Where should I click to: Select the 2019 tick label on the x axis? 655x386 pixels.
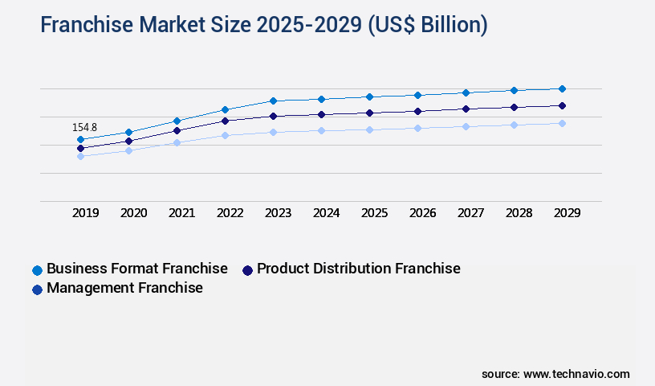tap(86, 213)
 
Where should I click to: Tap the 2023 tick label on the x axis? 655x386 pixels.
tap(278, 213)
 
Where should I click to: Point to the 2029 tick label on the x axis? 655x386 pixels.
tap(567, 213)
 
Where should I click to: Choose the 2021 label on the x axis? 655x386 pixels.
tap(181, 213)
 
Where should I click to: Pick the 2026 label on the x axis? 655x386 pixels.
tap(422, 213)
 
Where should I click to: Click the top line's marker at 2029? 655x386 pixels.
tap(562, 88)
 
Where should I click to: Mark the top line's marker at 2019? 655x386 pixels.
tap(80, 139)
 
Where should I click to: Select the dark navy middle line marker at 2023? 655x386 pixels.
tap(273, 116)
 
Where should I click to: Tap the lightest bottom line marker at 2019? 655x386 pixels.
tap(80, 156)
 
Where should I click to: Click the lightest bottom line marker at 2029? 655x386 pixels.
tap(562, 123)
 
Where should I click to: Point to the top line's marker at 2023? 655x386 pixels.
tap(273, 101)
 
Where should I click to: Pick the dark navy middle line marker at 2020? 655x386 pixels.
tap(128, 141)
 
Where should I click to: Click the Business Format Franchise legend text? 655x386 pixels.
tap(137, 269)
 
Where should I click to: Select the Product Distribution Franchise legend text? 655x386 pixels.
tap(359, 269)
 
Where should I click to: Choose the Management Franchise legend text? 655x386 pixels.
tap(124, 288)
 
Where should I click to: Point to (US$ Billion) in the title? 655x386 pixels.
tap(427, 25)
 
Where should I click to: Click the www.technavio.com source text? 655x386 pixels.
tap(576, 374)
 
